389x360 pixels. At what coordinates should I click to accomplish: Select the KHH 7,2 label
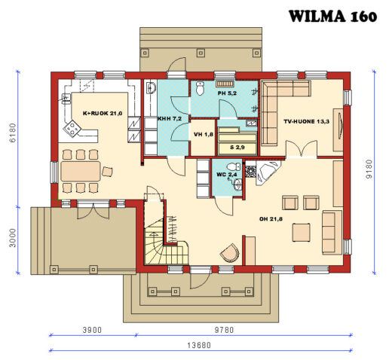(x=169, y=119)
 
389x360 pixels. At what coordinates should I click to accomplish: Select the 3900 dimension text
(x=91, y=331)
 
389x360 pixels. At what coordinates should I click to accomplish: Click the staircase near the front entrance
(x=162, y=237)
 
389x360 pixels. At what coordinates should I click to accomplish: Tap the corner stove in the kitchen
(x=72, y=130)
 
